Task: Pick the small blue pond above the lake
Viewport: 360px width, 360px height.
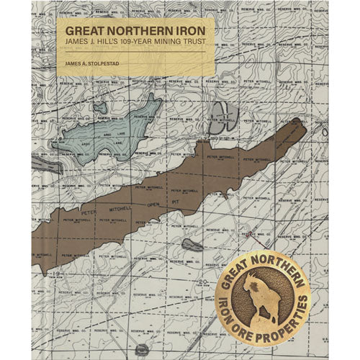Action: pyautogui.click(x=101, y=109)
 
